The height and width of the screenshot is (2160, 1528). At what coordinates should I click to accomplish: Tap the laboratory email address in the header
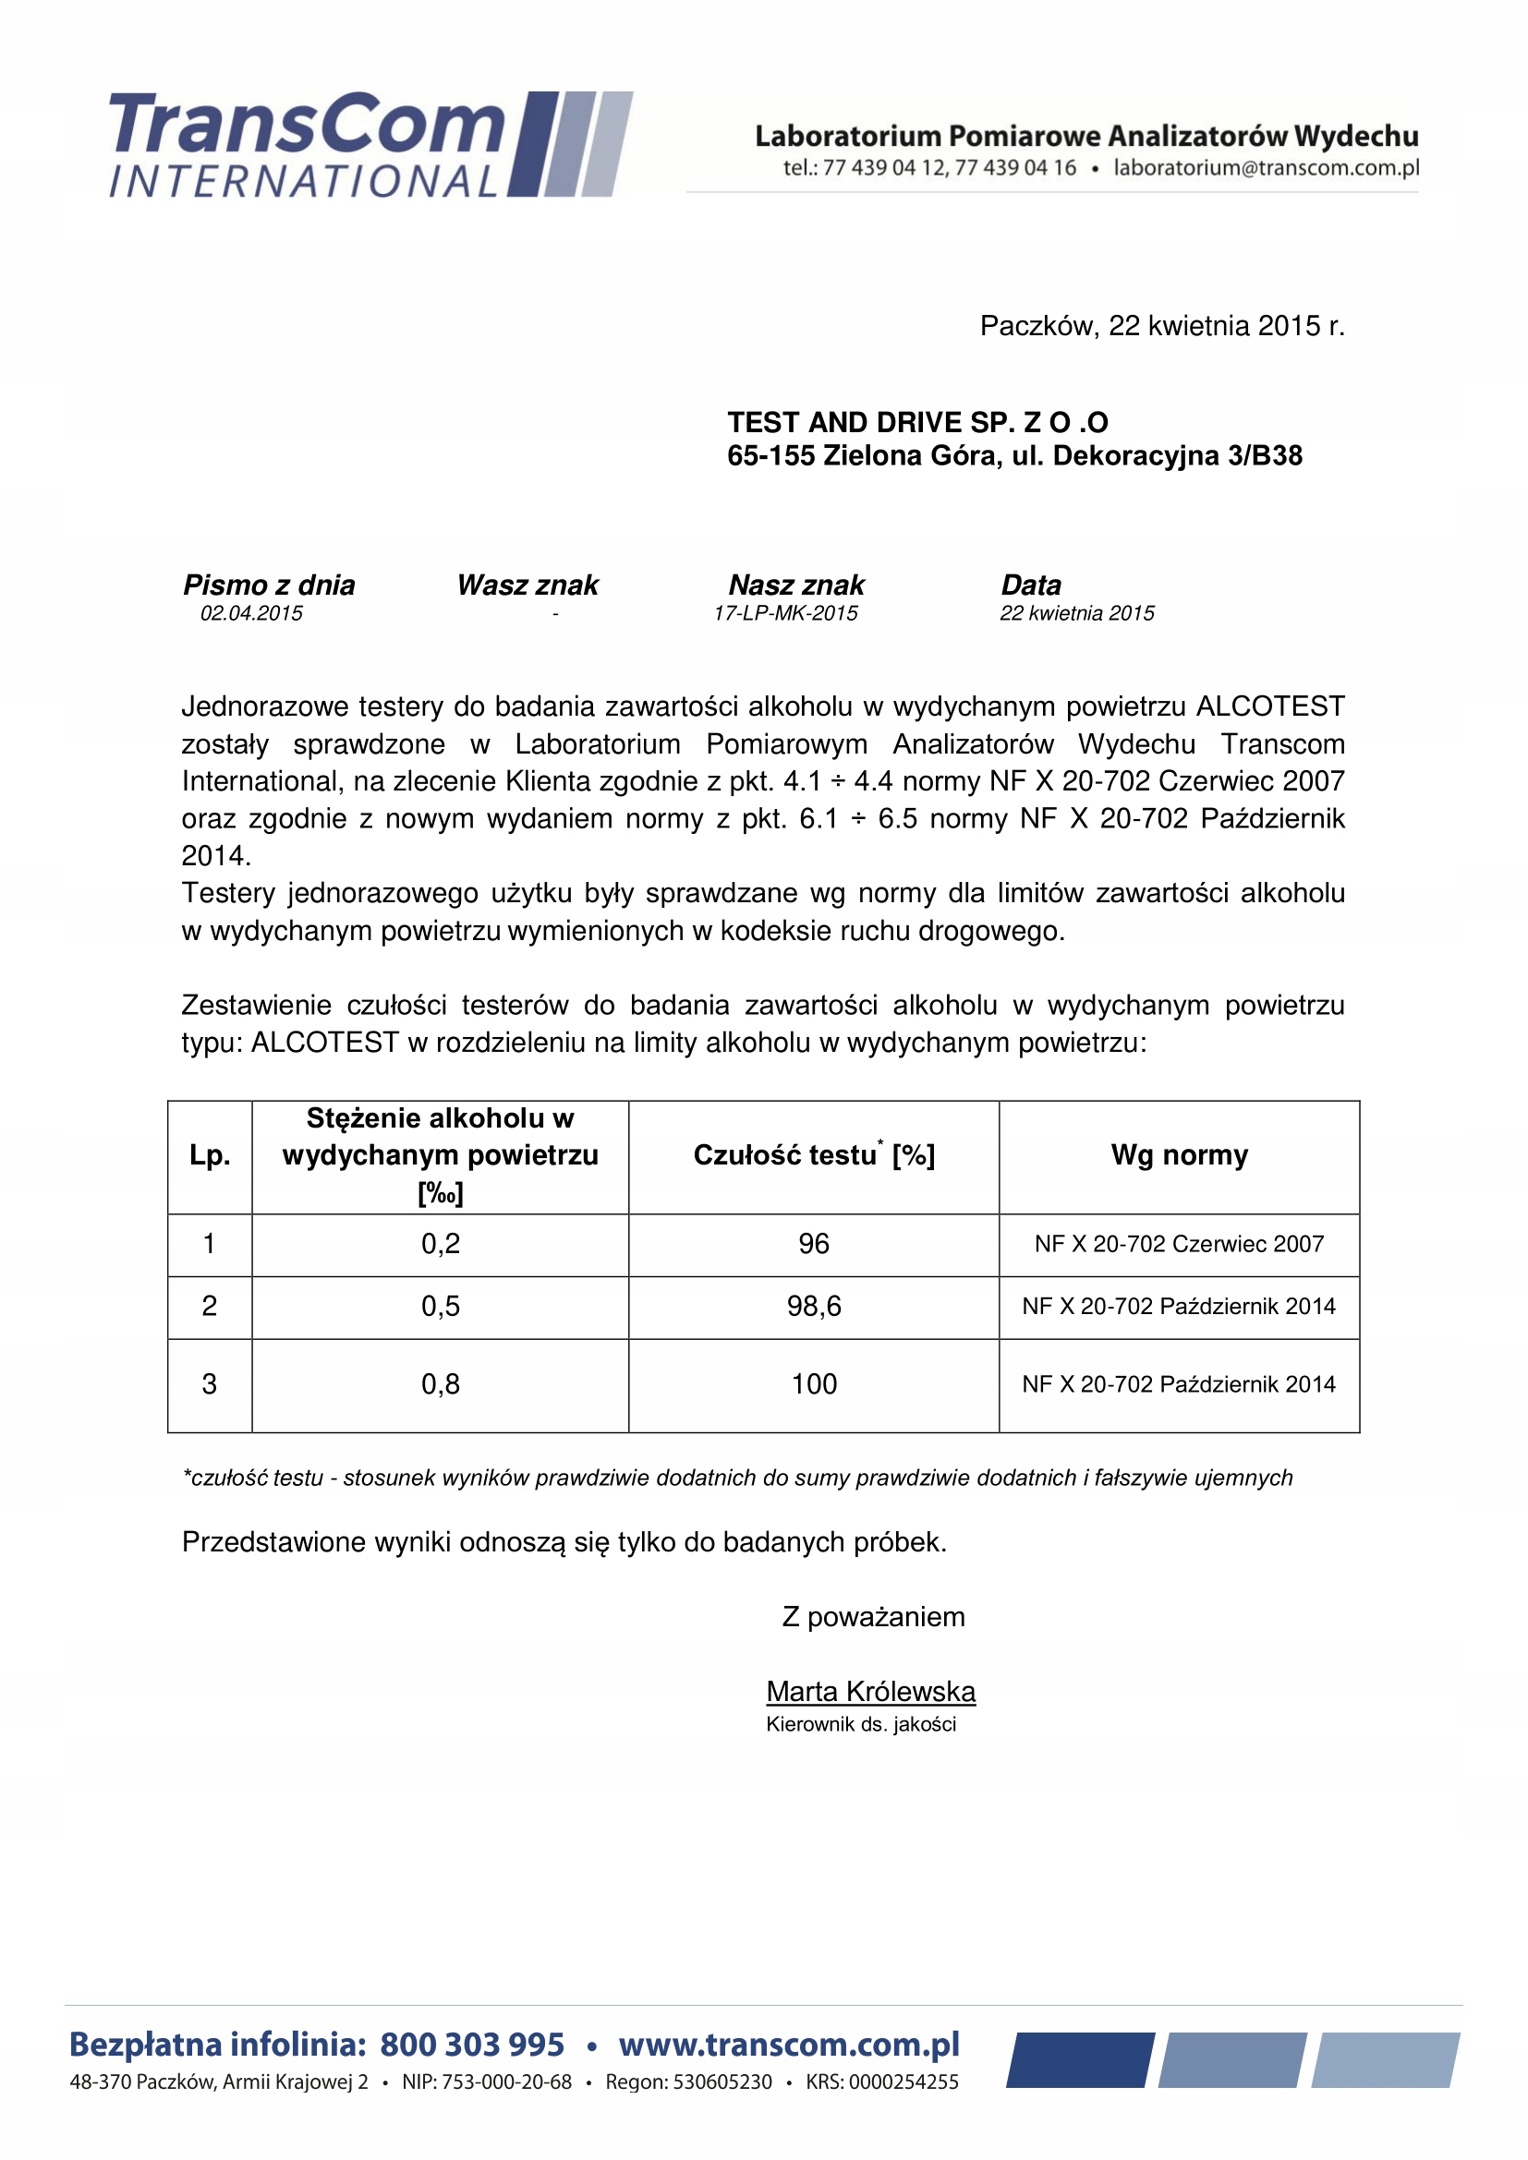[x=1266, y=168]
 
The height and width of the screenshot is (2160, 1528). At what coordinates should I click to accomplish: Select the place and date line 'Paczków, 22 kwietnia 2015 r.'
[x=1162, y=326]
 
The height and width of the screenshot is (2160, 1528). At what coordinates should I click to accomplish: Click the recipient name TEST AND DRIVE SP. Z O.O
[x=917, y=422]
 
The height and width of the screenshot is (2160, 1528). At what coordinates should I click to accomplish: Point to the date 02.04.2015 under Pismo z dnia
[x=251, y=613]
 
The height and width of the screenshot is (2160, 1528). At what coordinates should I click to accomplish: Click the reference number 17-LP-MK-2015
[x=785, y=613]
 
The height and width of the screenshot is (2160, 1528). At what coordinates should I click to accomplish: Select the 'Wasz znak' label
[x=528, y=585]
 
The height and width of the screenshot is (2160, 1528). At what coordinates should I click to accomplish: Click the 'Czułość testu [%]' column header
[x=814, y=1155]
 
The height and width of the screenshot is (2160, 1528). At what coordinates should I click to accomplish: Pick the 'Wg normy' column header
[x=1179, y=1155]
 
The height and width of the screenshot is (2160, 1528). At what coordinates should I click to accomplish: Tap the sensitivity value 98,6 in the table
[x=814, y=1306]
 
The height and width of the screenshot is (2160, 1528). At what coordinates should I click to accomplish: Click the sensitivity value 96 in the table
[x=814, y=1244]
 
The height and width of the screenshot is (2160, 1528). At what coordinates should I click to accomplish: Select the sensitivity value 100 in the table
[x=814, y=1384]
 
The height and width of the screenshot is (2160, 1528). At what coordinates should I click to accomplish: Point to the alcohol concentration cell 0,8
[x=441, y=1384]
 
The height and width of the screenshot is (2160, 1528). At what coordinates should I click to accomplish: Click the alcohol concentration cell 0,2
[x=441, y=1244]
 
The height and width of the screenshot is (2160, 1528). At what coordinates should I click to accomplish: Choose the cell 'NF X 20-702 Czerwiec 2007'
[x=1179, y=1244]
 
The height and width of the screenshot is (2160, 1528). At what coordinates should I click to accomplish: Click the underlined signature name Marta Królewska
[x=870, y=1692]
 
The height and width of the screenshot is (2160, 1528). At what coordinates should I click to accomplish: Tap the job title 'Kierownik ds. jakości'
[x=861, y=1724]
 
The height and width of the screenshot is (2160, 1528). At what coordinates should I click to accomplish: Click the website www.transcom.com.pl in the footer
[x=788, y=2045]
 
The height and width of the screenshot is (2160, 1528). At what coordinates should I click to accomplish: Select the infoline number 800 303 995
[x=472, y=2045]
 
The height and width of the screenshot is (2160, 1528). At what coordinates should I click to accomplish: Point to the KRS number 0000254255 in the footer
[x=903, y=2082]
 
